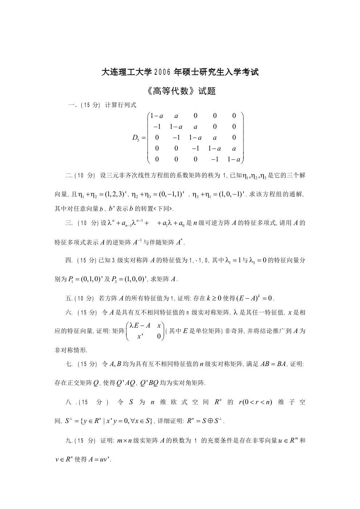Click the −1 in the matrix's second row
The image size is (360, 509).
pos(157,127)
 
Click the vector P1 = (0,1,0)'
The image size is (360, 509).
pos(84,279)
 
